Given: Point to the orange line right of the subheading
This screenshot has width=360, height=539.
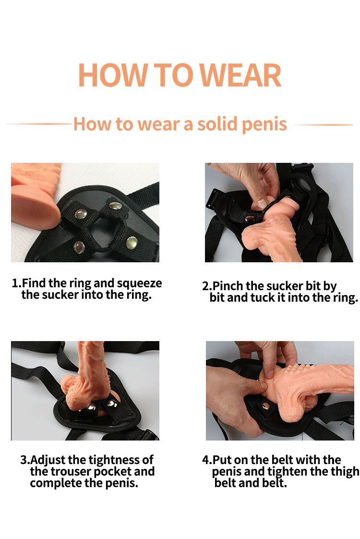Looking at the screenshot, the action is click(x=323, y=125).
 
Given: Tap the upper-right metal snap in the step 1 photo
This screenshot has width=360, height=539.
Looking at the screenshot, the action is click(x=115, y=206).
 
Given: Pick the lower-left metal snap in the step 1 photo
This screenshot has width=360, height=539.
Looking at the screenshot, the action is click(x=79, y=247).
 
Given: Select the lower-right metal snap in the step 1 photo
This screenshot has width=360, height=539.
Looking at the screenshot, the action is click(x=132, y=242).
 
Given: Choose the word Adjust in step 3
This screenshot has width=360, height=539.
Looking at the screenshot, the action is click(x=48, y=460).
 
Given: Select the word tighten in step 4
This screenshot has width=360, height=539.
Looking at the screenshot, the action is click(x=288, y=472).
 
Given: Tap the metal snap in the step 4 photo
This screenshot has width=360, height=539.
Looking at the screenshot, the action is click(x=265, y=406).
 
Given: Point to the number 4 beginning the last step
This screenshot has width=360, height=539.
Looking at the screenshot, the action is click(x=205, y=460).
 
